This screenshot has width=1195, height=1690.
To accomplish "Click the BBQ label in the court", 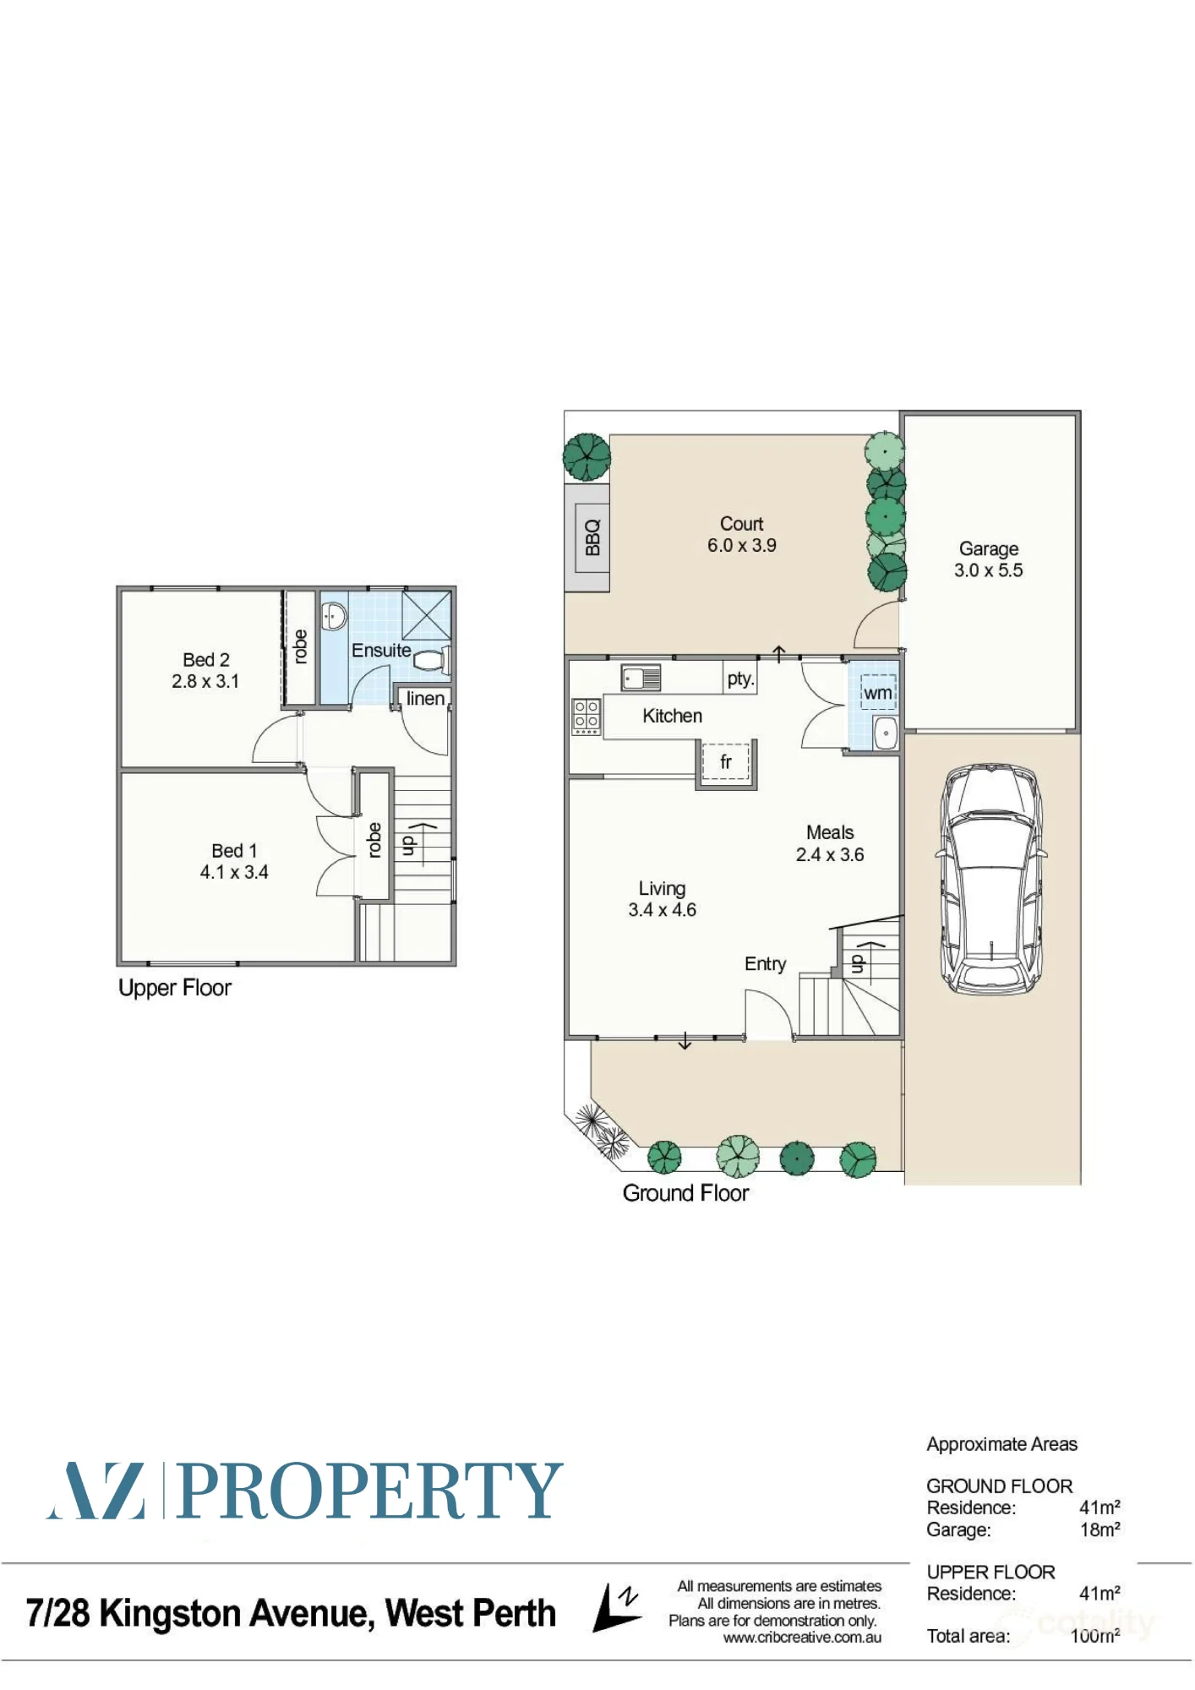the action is tap(592, 537).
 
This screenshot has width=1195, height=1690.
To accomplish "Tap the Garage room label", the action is tap(988, 548).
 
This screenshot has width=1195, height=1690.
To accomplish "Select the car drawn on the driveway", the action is tap(990, 880).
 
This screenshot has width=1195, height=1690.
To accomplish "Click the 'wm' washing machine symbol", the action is tap(878, 693).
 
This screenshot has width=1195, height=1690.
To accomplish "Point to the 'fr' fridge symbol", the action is tap(725, 763).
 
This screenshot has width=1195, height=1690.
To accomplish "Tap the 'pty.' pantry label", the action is tap(740, 679).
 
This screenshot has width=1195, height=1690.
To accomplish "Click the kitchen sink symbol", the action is tap(641, 678).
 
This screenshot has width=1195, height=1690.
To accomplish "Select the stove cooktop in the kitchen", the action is tap(587, 717).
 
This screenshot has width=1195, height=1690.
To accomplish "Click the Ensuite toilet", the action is tap(432, 659).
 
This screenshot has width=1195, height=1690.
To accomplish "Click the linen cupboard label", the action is tap(425, 699).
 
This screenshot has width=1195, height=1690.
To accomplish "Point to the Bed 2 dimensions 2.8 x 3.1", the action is tap(205, 681).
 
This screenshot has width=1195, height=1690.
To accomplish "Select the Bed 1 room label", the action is tap(234, 851).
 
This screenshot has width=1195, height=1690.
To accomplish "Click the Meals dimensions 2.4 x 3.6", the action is tap(830, 854).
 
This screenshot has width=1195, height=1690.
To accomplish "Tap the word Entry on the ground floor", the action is tap(765, 964).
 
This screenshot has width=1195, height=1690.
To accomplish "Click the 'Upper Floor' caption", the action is tap(175, 988).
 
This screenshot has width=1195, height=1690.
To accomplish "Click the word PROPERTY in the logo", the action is tap(370, 1491).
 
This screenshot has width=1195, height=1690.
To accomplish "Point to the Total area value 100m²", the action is tap(1095, 1636).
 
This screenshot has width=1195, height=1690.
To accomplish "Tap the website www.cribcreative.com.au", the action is tap(802, 1638).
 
